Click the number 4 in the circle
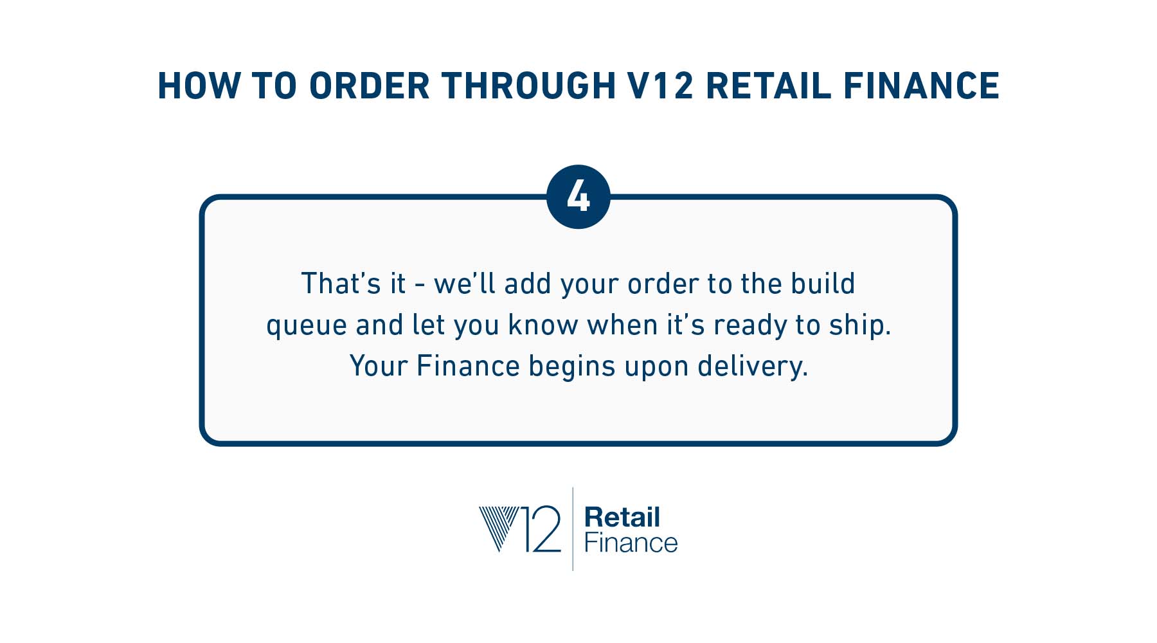[578, 197]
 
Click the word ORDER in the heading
[370, 86]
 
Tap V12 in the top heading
[659, 86]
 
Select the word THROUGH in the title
[529, 86]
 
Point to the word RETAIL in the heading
[769, 86]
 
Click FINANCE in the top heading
[922, 86]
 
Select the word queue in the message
[307, 325]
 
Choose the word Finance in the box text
[468, 366]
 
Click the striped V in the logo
[499, 528]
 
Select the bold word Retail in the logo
[622, 517]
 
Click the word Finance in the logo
[631, 543]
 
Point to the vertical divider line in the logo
[573, 529]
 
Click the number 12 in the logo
[540, 529]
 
